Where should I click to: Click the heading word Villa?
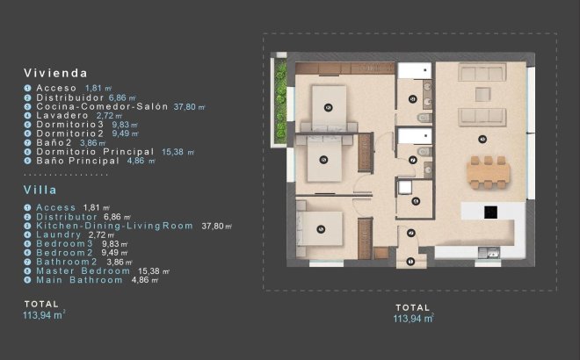tap(41, 189)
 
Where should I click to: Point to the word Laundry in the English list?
tap(61, 234)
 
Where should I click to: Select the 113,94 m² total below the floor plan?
tap(413, 320)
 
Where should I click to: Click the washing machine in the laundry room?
tap(404, 186)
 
